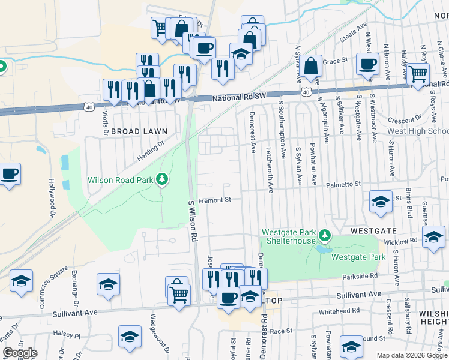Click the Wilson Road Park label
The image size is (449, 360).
coord(120,179)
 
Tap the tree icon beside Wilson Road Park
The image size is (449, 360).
coord(161,179)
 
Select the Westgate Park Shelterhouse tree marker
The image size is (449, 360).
coord(325,234)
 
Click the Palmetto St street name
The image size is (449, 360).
coord(344,185)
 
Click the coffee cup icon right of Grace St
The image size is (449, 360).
coord(367,64)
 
